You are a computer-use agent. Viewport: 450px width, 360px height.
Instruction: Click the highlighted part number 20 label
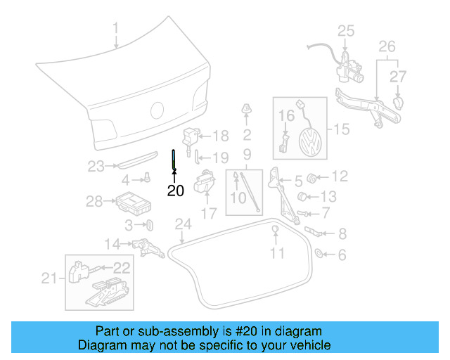(x=175, y=190)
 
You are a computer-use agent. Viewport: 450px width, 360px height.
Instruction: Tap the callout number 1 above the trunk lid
(x=117, y=29)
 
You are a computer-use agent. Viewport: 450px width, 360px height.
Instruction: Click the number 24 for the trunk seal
(x=183, y=225)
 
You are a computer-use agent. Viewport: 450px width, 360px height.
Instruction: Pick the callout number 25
(x=346, y=30)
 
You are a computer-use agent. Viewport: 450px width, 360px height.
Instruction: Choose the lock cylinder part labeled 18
(x=191, y=135)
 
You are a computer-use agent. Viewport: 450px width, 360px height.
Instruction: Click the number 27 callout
(x=398, y=76)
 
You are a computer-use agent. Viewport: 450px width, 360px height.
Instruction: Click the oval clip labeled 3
(x=149, y=225)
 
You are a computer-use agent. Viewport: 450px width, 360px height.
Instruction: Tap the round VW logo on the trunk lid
(x=157, y=110)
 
